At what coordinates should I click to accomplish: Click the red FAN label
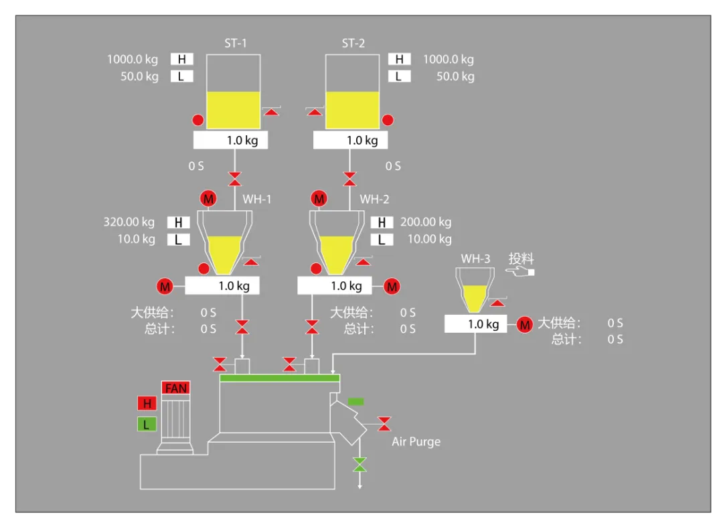(x=175, y=388)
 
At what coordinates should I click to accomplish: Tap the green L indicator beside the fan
(x=147, y=424)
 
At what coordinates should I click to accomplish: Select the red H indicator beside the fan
(x=147, y=403)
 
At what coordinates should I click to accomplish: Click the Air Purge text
(x=416, y=442)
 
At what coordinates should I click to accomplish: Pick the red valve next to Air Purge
(x=384, y=424)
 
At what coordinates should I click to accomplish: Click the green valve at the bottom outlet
(x=359, y=465)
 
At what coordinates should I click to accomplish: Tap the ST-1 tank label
(x=235, y=44)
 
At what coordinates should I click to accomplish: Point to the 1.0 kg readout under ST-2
(x=350, y=140)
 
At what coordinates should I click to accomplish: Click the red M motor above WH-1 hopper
(x=208, y=199)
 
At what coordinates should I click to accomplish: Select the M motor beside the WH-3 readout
(x=525, y=325)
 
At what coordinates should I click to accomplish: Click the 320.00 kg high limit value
(x=129, y=222)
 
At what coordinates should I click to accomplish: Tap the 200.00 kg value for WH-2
(x=426, y=222)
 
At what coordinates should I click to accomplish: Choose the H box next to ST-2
(x=399, y=60)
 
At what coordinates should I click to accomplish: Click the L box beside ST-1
(x=181, y=76)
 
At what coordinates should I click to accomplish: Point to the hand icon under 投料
(x=520, y=272)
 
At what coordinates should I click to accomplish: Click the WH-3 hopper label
(x=475, y=258)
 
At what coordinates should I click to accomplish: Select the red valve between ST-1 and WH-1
(x=235, y=179)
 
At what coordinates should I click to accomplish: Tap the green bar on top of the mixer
(x=280, y=378)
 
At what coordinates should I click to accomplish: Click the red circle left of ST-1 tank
(x=197, y=121)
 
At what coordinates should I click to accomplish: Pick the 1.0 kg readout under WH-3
(x=476, y=324)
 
